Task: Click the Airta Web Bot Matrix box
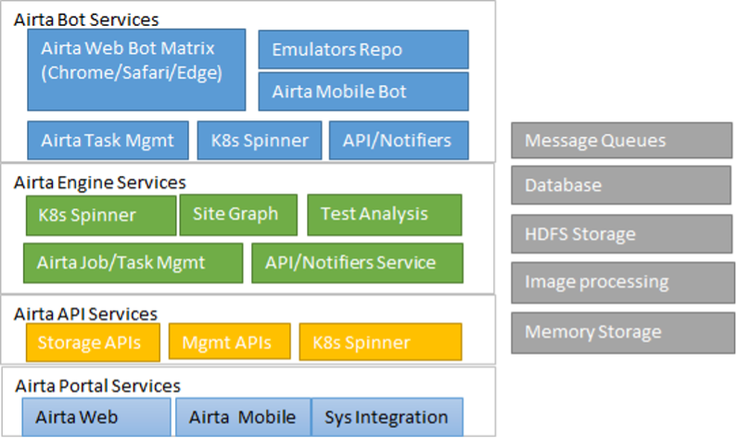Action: coord(136,70)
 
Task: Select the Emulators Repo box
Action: coord(363,49)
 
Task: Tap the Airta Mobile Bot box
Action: coord(363,92)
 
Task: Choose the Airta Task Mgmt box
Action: coord(108,141)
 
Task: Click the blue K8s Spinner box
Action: coord(260,141)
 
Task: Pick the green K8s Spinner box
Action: coord(101,215)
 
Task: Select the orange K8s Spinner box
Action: coord(380,343)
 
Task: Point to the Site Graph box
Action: coord(238,215)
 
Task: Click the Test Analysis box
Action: coord(385,215)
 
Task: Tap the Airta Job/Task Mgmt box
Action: coord(133,263)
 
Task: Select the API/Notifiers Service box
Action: coord(357,263)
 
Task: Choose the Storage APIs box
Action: coord(93,343)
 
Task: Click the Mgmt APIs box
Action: coord(229,342)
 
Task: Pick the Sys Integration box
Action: coord(387,417)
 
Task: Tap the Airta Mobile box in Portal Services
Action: coord(243,417)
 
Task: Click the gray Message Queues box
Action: coord(621,141)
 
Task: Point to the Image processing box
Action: coord(623,282)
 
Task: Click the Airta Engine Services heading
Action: coord(99,182)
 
